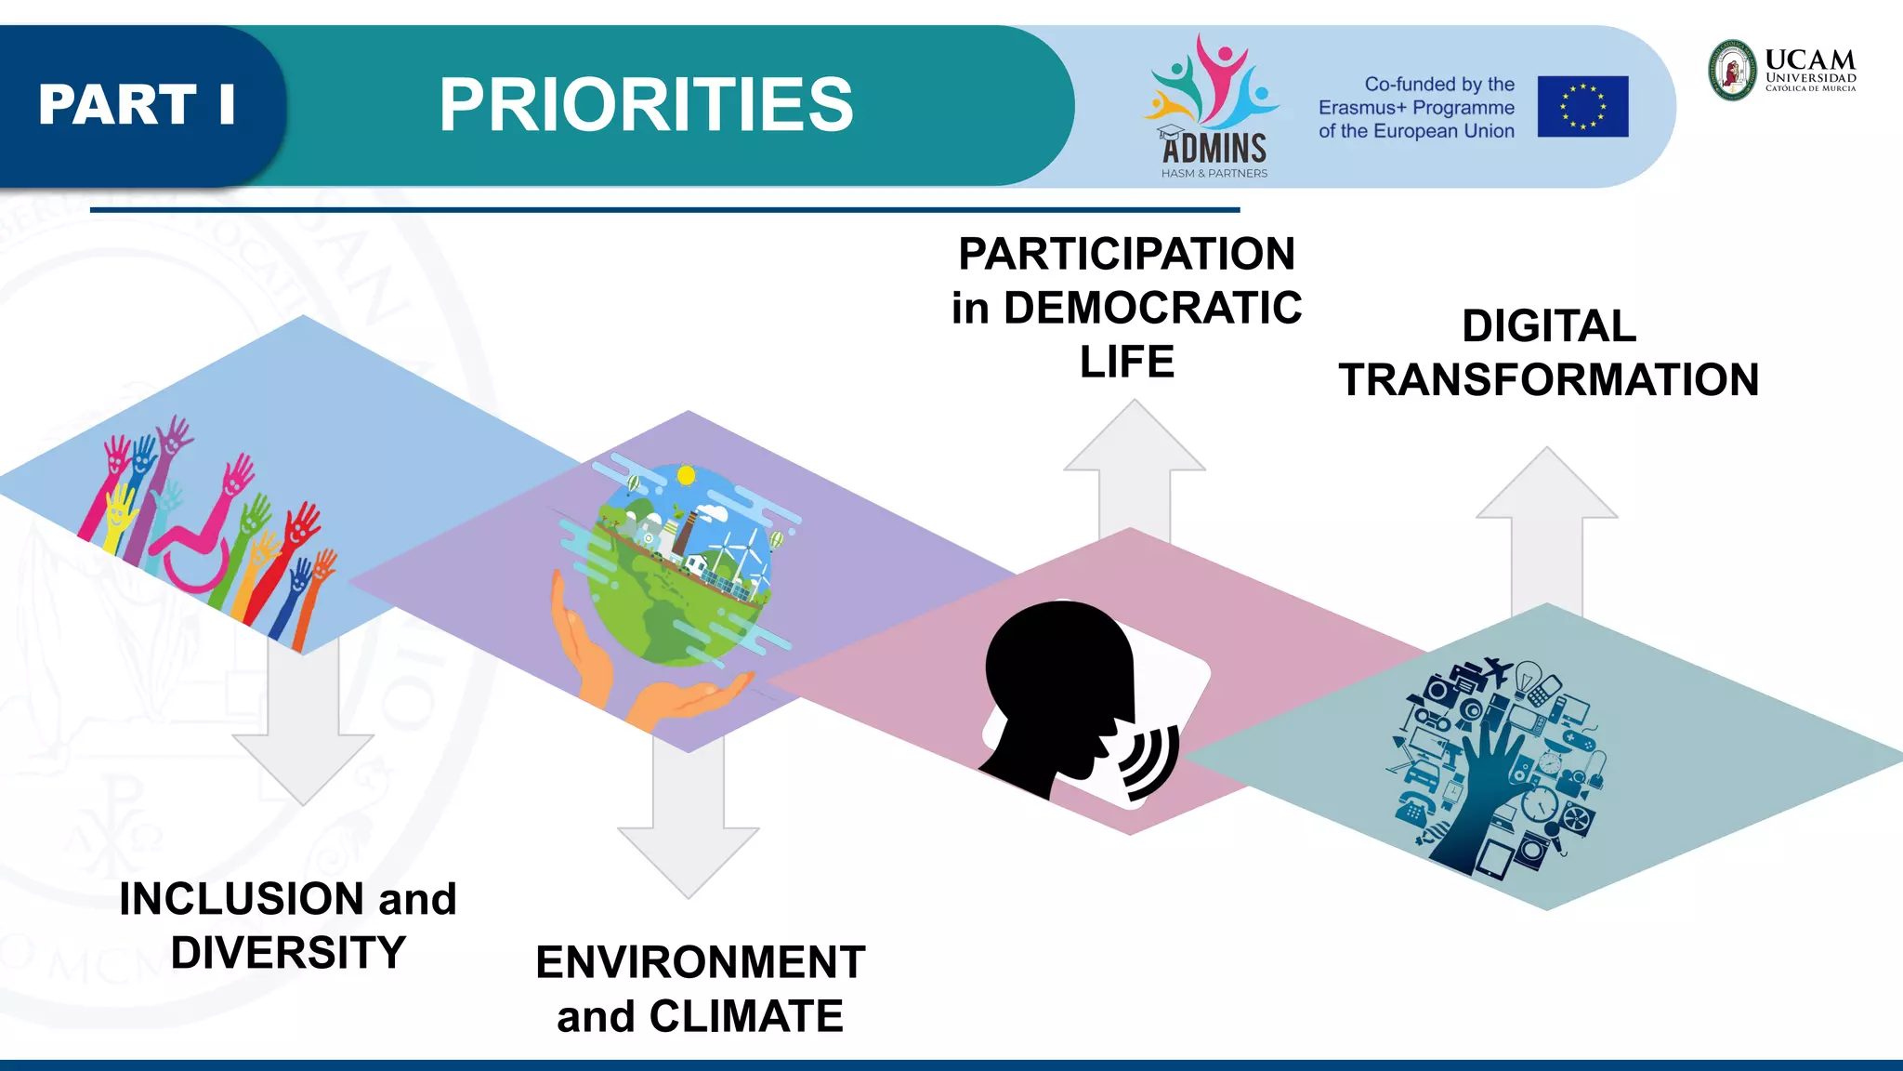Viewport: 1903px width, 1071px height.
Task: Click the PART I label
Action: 137,104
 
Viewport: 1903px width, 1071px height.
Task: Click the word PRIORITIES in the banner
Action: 646,105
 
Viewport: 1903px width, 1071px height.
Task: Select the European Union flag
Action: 1582,107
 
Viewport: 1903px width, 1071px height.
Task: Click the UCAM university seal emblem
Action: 1733,71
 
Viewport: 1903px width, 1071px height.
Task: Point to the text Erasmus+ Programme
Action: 1416,108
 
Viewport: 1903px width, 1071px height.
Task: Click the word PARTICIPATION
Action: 1126,254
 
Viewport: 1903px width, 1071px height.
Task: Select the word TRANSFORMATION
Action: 1549,380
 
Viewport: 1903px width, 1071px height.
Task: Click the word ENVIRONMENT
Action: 701,962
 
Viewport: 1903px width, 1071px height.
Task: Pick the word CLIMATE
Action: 746,1016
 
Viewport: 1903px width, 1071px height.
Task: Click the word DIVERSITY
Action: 288,953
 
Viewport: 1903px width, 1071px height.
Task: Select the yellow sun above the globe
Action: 687,476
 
